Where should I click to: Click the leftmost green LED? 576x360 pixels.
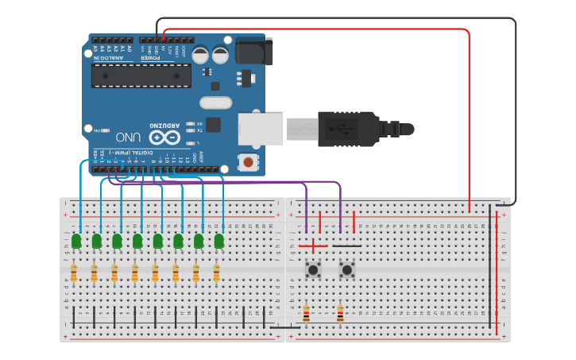(x=76, y=241)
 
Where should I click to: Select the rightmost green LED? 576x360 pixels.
(x=218, y=241)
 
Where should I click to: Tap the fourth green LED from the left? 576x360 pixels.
(x=137, y=241)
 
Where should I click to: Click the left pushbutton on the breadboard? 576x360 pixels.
(x=314, y=270)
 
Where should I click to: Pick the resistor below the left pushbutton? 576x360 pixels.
(x=307, y=314)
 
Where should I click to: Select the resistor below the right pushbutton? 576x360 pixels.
(x=340, y=314)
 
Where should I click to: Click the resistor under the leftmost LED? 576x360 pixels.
(x=74, y=273)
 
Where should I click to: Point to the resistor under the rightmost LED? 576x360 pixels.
(x=216, y=273)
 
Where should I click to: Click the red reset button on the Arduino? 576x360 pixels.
(x=249, y=163)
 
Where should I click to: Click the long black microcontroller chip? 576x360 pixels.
(x=141, y=75)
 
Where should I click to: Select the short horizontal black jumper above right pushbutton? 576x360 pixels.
(x=346, y=246)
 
